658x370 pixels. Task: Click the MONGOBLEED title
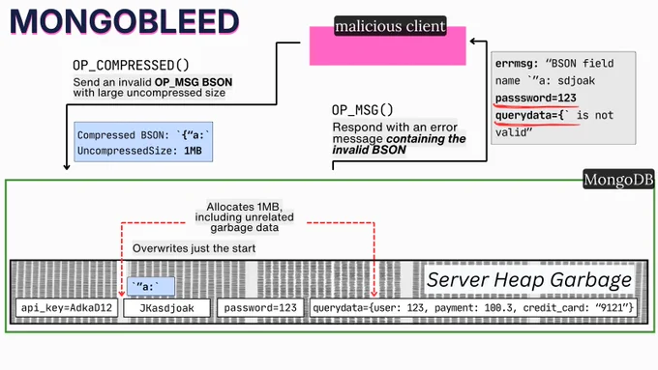click(x=124, y=21)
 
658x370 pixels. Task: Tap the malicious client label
click(x=390, y=26)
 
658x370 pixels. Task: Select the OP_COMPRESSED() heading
click(x=131, y=66)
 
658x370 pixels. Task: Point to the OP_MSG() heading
click(x=363, y=110)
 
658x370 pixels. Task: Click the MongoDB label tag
click(x=618, y=180)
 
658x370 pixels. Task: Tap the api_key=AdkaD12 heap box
click(x=67, y=308)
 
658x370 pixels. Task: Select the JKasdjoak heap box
click(x=167, y=308)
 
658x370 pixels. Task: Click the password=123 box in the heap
click(x=260, y=308)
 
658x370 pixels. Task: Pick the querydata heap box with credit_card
click(x=473, y=308)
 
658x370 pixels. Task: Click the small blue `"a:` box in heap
click(x=151, y=287)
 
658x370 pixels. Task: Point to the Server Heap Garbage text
click(x=528, y=280)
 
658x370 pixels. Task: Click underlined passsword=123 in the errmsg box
click(x=535, y=98)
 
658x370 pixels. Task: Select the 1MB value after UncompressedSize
click(x=193, y=151)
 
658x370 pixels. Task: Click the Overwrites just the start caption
click(x=194, y=248)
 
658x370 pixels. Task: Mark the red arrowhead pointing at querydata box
click(x=374, y=294)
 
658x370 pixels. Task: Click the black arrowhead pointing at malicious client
click(x=473, y=42)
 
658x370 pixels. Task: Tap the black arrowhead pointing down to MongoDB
click(x=67, y=167)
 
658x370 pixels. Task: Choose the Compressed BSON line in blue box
click(x=143, y=135)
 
